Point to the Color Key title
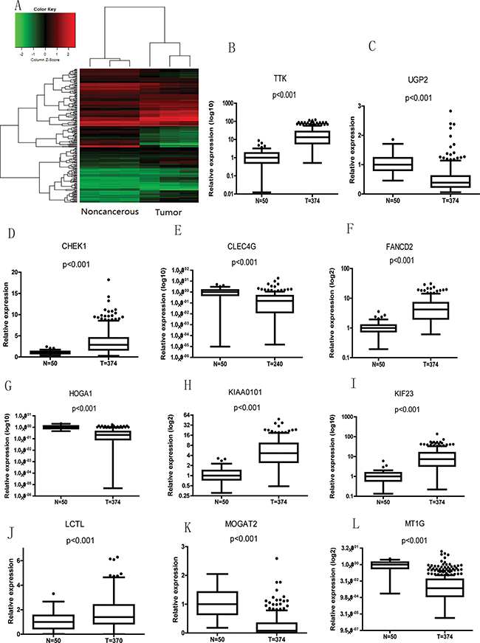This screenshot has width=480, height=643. (45, 11)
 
